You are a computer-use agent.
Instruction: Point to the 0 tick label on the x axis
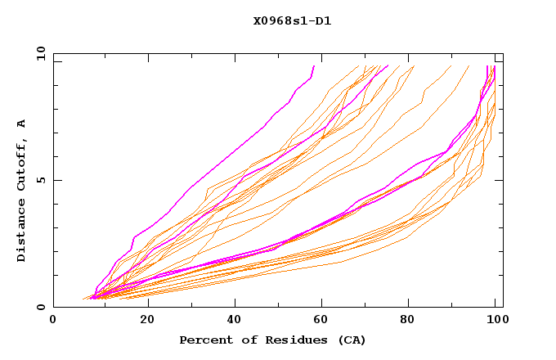(x=53, y=320)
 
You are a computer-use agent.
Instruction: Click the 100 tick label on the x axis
(x=495, y=320)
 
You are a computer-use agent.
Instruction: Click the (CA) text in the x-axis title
(x=350, y=340)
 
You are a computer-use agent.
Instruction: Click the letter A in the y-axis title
(x=22, y=124)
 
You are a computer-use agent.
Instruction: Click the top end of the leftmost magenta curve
(x=313, y=66)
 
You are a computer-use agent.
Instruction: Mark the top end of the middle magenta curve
(x=388, y=66)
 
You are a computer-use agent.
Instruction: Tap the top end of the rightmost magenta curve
(x=488, y=66)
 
